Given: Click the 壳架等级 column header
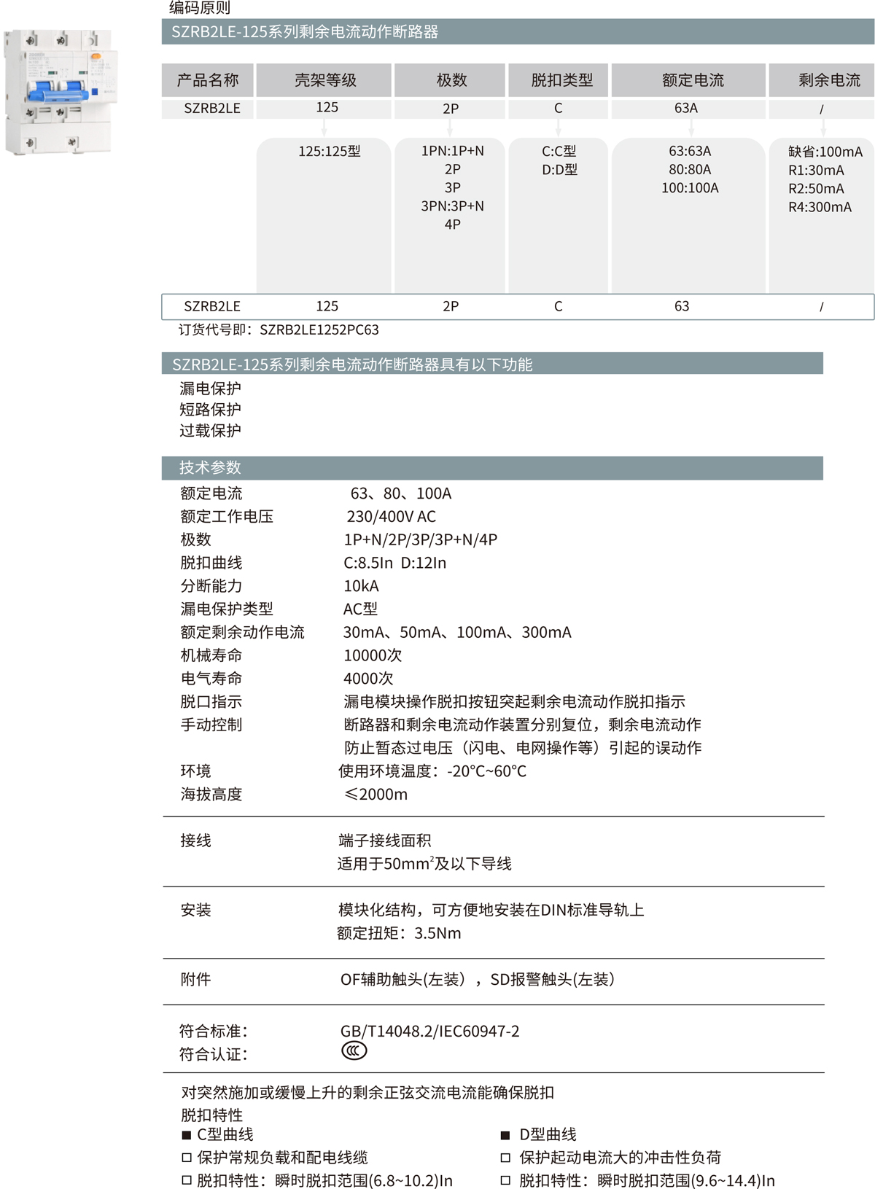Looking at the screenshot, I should [324, 80].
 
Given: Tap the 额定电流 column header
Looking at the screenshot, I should [692, 80].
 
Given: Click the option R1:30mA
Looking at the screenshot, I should [816, 171].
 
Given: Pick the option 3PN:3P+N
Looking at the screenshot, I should [452, 206].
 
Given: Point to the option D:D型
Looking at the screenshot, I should [559, 170].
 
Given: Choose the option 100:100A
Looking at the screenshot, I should [690, 188].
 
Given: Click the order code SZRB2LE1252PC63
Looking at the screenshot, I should [319, 330].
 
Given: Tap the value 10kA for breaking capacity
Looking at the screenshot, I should [361, 586].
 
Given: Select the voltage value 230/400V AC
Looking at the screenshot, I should [391, 517].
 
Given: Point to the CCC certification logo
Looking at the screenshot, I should [354, 1051].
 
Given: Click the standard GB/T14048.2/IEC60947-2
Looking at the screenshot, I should [429, 1031].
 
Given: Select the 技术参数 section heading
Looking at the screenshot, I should [210, 468].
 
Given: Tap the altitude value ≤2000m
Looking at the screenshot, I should [376, 794].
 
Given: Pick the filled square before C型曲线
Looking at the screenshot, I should [186, 1135].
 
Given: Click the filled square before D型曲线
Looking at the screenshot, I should [505, 1135].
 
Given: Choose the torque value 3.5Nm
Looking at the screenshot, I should [437, 933].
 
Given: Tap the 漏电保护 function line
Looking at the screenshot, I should [210, 389].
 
